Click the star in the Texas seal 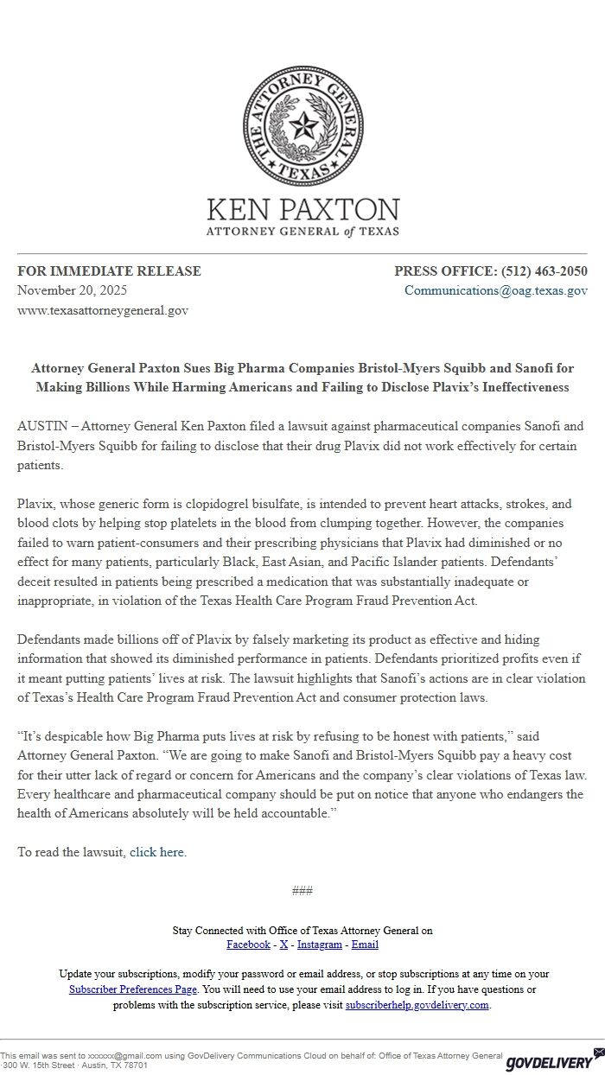302,128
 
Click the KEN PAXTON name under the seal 302,210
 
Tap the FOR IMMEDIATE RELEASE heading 109,271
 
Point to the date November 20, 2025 73,290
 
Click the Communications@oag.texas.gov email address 496,290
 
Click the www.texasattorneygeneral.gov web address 103,310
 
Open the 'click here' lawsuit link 156,852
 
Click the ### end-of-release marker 302,891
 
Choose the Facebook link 248,945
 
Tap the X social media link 283,945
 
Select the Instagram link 320,945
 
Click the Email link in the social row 365,945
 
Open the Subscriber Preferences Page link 133,989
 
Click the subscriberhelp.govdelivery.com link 417,1005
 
